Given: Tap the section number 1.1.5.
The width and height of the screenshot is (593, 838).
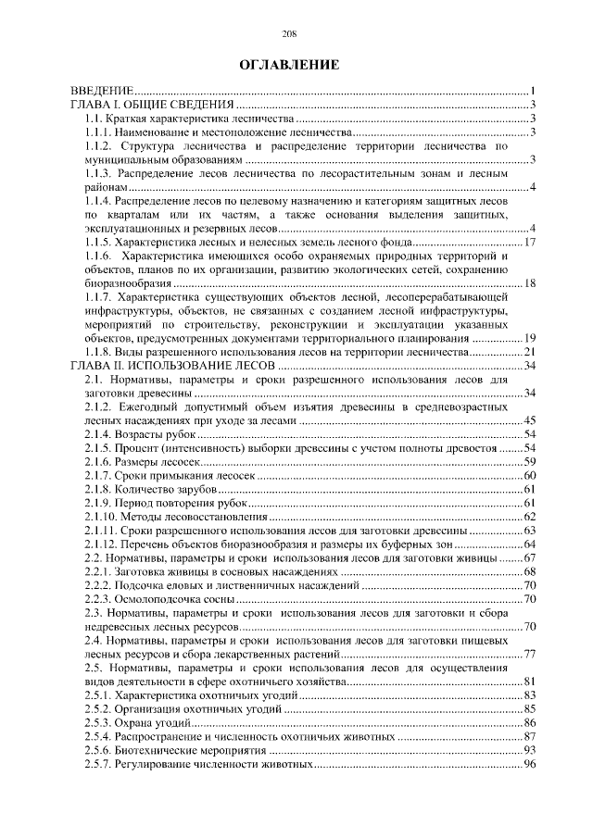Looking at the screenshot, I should point(98,243).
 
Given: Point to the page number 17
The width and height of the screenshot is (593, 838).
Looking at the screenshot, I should point(531,243).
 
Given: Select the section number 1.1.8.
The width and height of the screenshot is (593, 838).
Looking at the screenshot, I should point(98,353).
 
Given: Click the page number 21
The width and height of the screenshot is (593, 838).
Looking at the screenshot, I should point(531,353).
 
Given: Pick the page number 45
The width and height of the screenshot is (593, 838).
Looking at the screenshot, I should point(531,421).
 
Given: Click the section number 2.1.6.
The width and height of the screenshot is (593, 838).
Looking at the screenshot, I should point(98,461).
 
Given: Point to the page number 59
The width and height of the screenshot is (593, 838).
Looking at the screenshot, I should point(531,461).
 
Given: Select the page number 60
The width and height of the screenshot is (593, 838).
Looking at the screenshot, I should point(531,475).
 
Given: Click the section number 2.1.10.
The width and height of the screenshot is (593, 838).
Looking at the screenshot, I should point(102,517).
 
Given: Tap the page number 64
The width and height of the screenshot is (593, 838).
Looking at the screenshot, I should point(531,544).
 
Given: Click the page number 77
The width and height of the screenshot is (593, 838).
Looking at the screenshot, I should point(531,654).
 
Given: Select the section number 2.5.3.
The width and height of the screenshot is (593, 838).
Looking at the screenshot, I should point(98,722).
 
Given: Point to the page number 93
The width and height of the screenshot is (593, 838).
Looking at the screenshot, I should point(531,750).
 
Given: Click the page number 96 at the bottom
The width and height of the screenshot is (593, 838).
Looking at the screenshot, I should point(531,764).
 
